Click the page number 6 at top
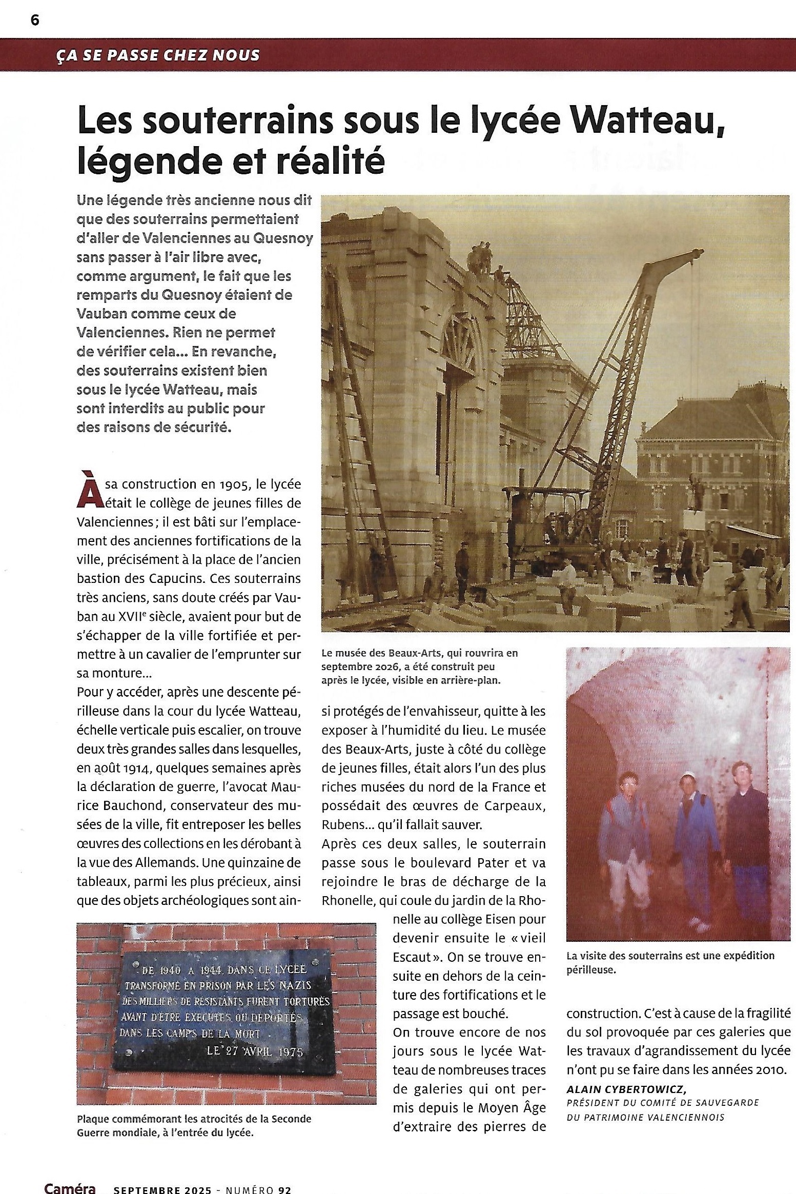pos(35,20)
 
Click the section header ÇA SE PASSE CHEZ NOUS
pos(158,55)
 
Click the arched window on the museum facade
pos(463,341)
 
